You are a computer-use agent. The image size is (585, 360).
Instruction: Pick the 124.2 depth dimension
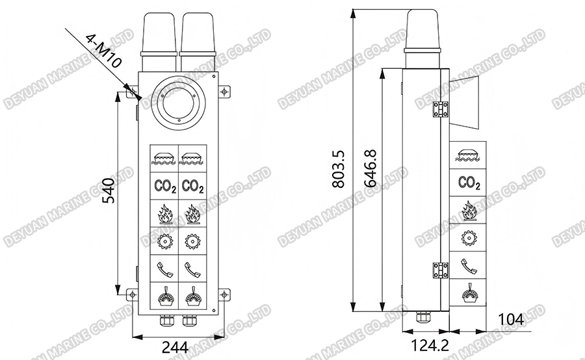point(426,346)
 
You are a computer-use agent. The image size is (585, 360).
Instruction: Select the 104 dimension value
point(511,319)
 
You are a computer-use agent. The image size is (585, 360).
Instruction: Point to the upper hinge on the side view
point(441,109)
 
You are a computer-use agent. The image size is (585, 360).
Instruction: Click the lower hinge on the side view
point(441,269)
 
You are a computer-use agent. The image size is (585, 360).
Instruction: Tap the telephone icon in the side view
point(469,266)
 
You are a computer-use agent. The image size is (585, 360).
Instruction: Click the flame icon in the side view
point(469,211)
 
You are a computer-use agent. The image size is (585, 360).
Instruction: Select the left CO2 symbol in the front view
point(165,186)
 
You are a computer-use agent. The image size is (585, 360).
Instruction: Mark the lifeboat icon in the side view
point(469,155)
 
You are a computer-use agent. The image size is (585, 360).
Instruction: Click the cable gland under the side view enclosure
point(423,318)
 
